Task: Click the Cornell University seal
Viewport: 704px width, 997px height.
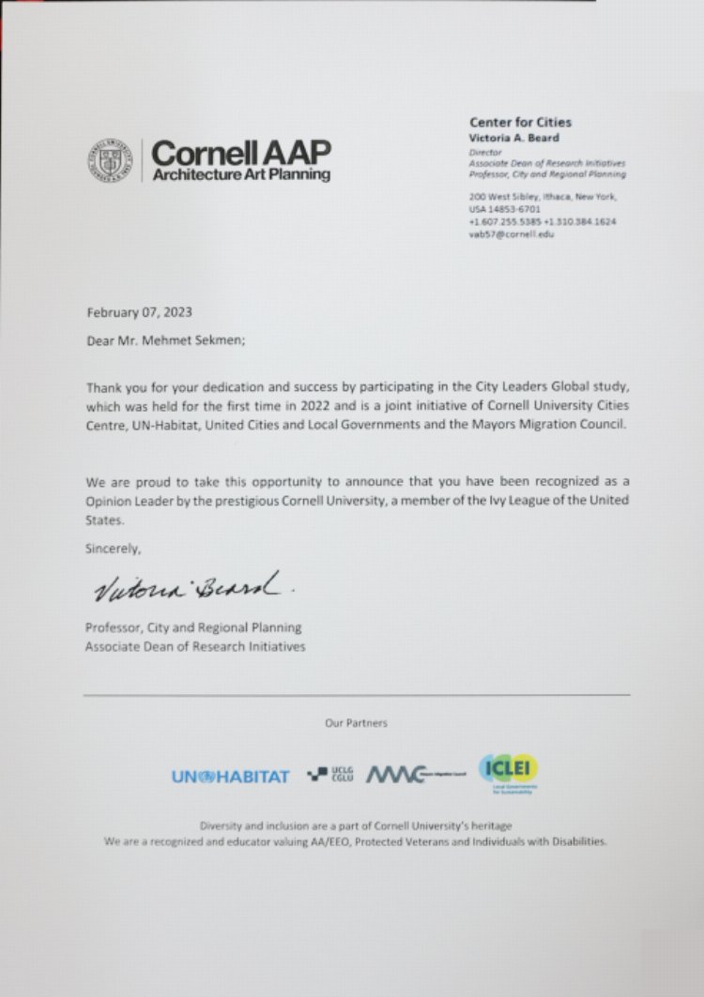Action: click(109, 159)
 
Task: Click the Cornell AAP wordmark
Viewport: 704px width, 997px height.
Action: click(241, 159)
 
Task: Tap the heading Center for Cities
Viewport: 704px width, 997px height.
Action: click(519, 122)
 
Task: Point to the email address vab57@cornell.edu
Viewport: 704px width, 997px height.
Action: click(512, 234)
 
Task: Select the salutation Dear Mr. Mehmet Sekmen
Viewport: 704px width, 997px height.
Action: click(165, 342)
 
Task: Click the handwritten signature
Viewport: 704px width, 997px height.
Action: click(191, 588)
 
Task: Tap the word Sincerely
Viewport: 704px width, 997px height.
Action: click(113, 548)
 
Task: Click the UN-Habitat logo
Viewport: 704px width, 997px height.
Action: click(230, 777)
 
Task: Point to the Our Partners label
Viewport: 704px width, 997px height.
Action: click(356, 723)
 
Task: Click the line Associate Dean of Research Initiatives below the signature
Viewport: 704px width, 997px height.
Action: click(195, 646)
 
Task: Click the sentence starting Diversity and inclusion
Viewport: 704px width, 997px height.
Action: click(356, 825)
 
